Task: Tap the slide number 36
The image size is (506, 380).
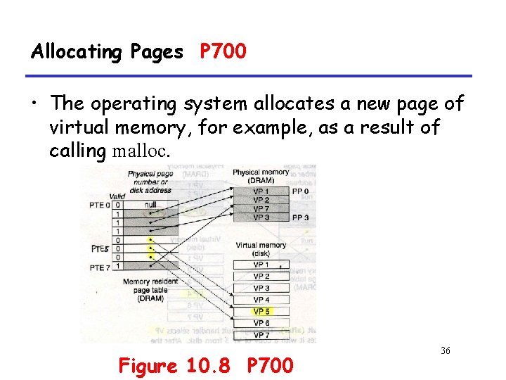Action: (445, 350)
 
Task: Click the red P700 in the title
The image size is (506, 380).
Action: (223, 51)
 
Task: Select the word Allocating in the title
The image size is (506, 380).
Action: (77, 51)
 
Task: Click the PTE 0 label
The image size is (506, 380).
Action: (100, 205)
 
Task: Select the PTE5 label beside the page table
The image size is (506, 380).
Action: (99, 248)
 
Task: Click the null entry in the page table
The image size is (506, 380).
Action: (150, 205)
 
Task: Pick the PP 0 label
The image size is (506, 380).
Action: (300, 191)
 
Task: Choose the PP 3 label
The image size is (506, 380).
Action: (300, 217)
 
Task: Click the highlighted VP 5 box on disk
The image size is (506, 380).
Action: (261, 312)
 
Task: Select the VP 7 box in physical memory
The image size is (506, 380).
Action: (261, 209)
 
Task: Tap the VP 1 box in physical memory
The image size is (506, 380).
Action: (261, 191)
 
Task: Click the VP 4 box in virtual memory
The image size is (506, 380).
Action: (261, 300)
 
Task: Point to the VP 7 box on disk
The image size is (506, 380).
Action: (261, 335)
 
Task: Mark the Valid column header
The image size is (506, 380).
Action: (118, 196)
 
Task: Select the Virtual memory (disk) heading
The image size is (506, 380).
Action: (261, 250)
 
